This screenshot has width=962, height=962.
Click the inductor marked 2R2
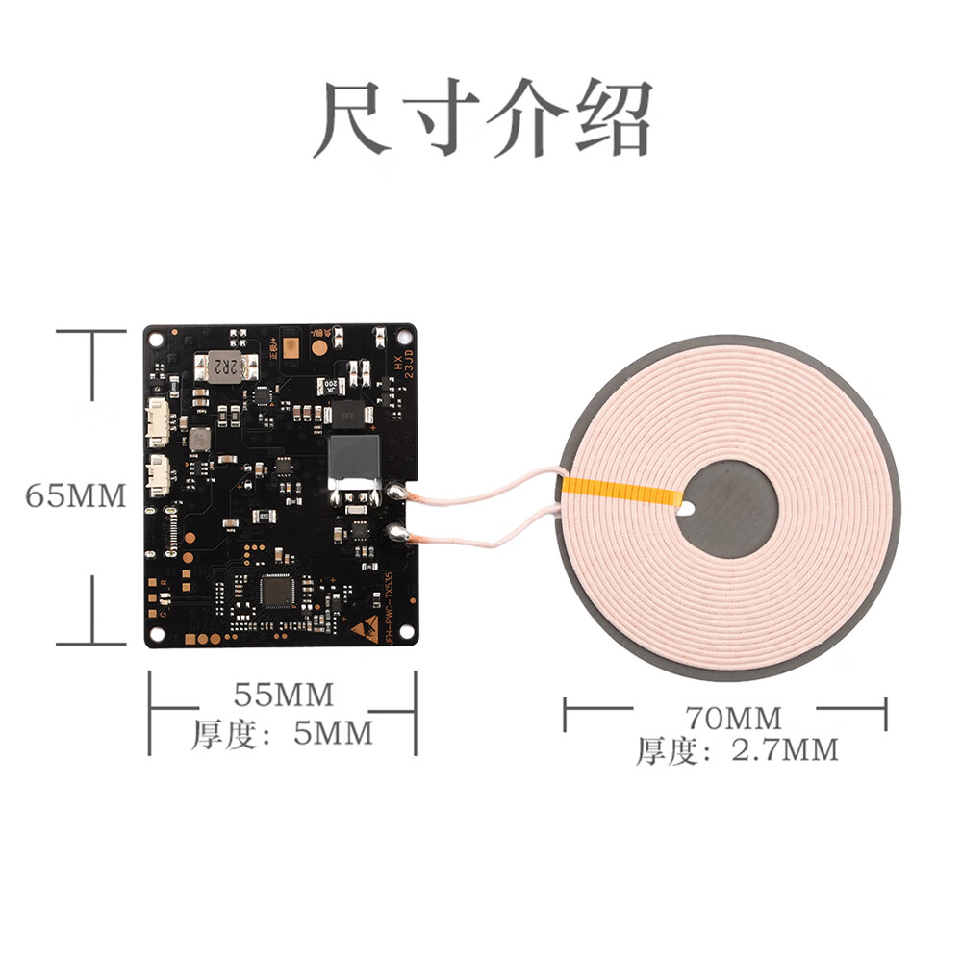[227, 367]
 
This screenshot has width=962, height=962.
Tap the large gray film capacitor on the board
[355, 459]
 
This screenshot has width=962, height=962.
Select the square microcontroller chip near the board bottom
[279, 591]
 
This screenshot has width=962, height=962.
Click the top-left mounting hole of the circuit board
[155, 337]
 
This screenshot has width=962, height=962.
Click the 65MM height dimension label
[76, 496]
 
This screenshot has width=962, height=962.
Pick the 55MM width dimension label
[283, 693]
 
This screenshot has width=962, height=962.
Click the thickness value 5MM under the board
[332, 735]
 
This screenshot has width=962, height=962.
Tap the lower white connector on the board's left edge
[158, 473]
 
